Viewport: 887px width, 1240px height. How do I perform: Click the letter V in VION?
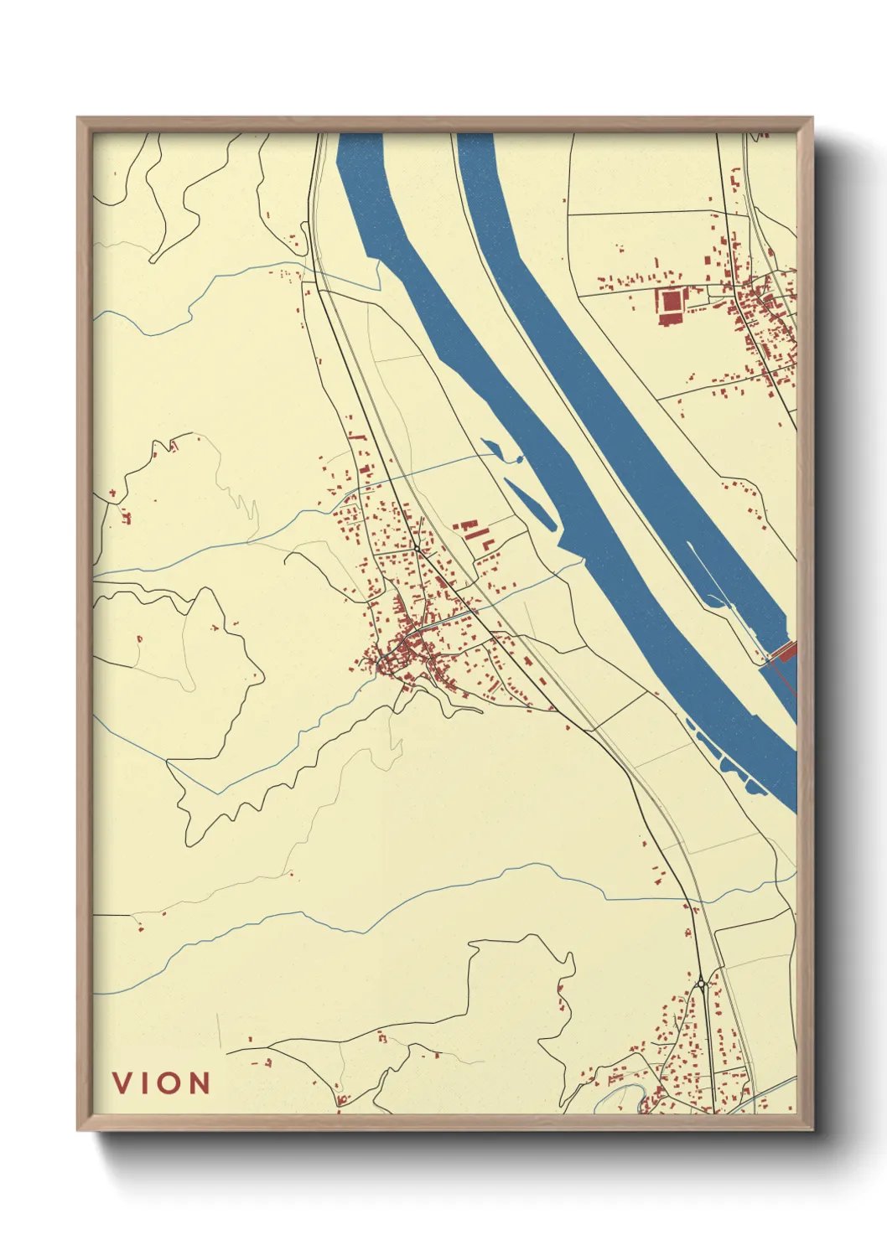(x=124, y=1082)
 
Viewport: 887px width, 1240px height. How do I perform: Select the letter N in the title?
(x=198, y=1082)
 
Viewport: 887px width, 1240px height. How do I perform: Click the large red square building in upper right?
(x=672, y=303)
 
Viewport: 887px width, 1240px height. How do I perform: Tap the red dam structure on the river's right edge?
(x=784, y=651)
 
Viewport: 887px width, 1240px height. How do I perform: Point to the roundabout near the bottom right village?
(x=701, y=983)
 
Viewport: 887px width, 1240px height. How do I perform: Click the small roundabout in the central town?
(x=417, y=550)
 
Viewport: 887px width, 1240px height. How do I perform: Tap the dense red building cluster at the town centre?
(x=402, y=649)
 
